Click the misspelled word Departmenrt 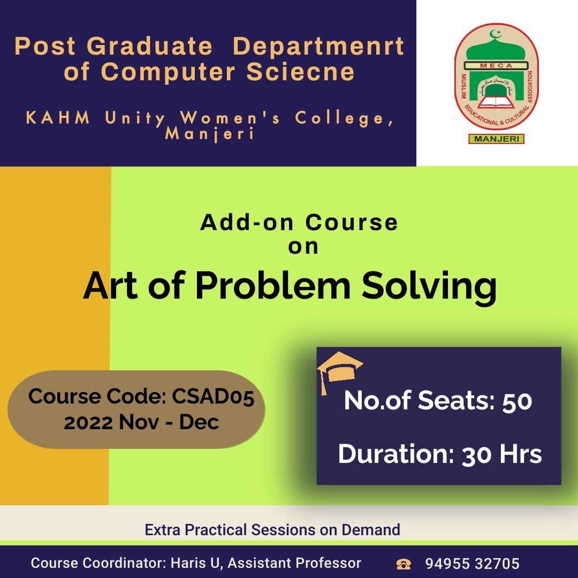[318, 47]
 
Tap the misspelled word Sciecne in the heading [300, 72]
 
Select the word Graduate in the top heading [150, 46]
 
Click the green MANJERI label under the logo [496, 139]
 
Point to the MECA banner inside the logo [496, 66]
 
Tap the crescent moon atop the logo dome [495, 34]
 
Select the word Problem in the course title [273, 286]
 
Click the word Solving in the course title [429, 287]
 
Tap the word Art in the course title [111, 286]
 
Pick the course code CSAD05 [212, 397]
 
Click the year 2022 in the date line [88, 422]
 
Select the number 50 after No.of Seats [517, 401]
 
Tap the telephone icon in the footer [404, 564]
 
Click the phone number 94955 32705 [472, 564]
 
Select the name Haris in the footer [188, 563]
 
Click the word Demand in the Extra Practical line [371, 530]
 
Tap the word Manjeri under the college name [209, 133]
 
